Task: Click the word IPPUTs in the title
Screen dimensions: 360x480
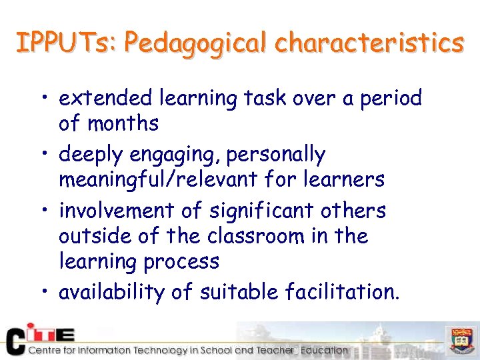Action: tap(65, 43)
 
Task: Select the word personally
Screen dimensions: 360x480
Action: tap(275, 155)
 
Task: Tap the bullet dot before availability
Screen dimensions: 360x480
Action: tap(44, 292)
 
